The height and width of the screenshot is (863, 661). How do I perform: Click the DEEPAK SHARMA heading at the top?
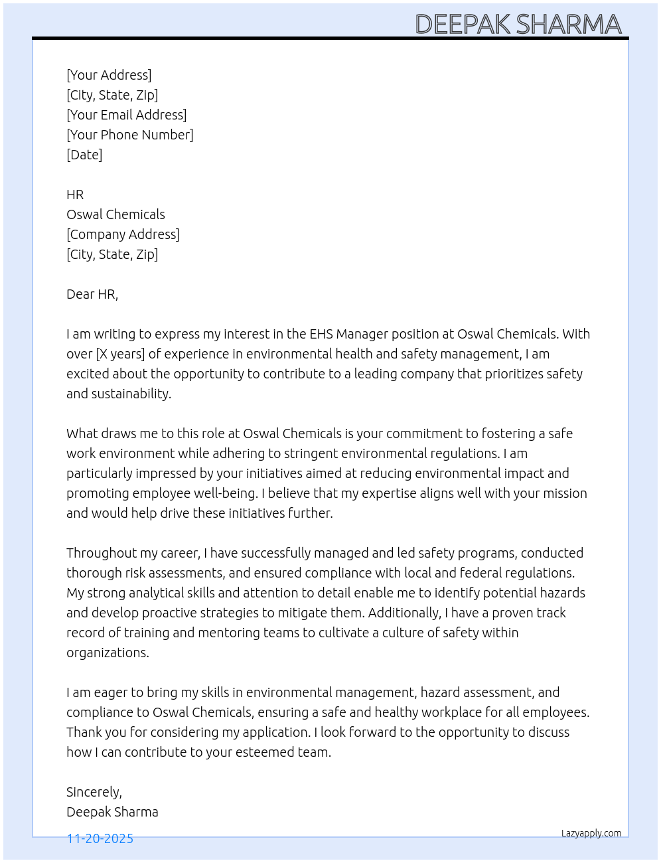[518, 25]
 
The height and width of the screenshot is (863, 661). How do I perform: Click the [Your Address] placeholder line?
[109, 75]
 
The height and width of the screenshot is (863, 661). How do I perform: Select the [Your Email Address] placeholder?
[126, 115]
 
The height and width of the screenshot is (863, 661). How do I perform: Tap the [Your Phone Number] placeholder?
[129, 135]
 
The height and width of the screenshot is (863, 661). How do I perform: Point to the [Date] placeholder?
[84, 155]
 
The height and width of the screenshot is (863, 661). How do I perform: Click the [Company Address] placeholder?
[123, 234]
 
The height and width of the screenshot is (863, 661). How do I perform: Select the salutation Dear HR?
[92, 294]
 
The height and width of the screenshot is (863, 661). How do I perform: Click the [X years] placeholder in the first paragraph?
[120, 354]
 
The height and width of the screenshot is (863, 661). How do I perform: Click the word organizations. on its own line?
[108, 653]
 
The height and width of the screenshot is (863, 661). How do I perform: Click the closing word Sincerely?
[94, 792]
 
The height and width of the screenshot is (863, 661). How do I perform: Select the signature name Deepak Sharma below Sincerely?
[112, 812]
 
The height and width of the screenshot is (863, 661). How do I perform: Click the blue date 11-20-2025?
[100, 838]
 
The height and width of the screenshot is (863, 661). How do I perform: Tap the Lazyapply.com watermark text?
[591, 833]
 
